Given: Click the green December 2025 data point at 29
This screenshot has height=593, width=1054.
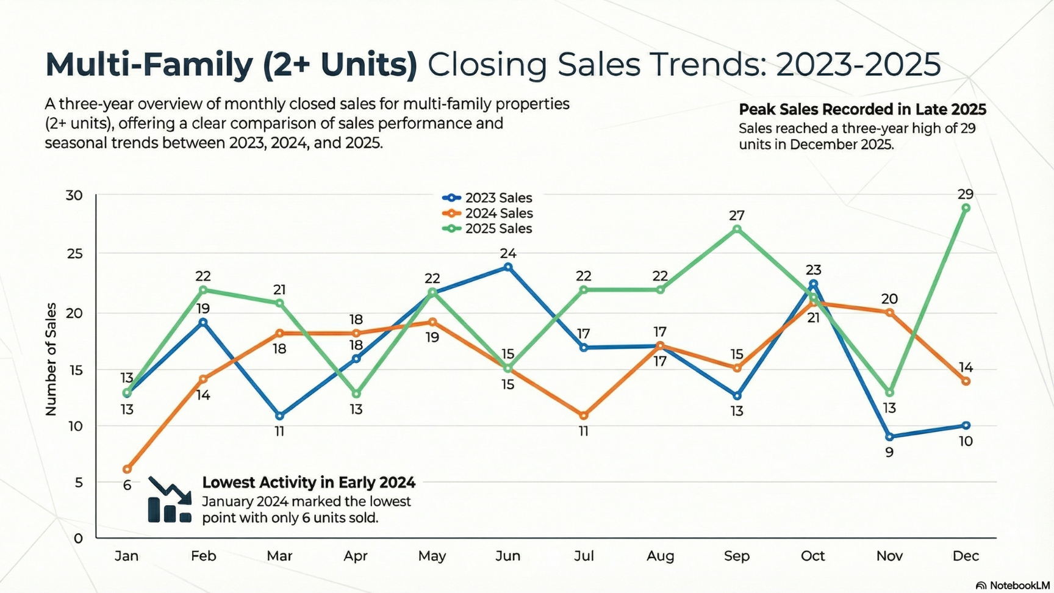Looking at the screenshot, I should (x=966, y=208).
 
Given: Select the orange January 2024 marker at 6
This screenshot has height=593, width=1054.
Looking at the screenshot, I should (x=127, y=469).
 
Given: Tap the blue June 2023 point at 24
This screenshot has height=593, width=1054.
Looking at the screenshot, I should (x=508, y=267).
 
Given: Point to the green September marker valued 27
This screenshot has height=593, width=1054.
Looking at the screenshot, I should (x=737, y=229).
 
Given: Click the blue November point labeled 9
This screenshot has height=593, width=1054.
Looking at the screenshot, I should (x=889, y=437).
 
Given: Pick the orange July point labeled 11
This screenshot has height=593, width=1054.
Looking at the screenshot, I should (x=584, y=415).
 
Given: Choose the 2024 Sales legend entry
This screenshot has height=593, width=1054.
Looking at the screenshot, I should (x=487, y=214).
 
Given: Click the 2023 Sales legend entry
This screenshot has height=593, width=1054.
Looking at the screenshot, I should (x=487, y=198).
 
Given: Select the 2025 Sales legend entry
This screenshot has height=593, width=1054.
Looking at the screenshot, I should (x=487, y=229).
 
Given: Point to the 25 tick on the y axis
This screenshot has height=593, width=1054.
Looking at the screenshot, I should (x=74, y=253).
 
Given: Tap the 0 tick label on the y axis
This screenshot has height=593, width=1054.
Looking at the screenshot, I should (x=78, y=538).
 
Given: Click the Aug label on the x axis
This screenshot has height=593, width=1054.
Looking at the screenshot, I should (x=660, y=556).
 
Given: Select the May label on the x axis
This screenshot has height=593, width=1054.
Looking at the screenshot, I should (x=432, y=556).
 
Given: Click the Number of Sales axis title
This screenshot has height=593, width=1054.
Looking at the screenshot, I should (x=51, y=359).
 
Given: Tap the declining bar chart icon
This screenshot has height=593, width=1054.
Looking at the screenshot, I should (x=170, y=501).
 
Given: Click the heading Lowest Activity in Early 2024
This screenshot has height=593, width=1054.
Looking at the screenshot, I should (x=309, y=483).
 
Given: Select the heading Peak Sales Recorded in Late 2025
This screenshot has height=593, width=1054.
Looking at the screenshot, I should (x=862, y=109).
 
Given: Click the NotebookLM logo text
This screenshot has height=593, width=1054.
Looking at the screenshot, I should (x=1019, y=586).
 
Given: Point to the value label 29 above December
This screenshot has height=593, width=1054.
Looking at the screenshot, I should (x=965, y=194).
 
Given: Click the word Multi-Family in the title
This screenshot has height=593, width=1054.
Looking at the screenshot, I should (x=149, y=64).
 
